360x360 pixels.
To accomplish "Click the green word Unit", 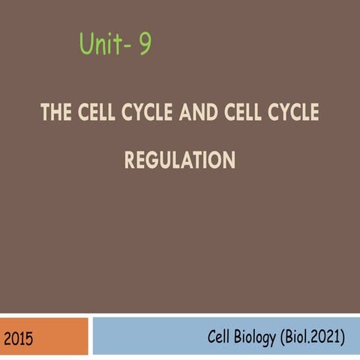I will (x=101, y=46).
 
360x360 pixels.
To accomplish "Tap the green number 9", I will (x=143, y=46).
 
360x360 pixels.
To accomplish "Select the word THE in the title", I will (x=55, y=114).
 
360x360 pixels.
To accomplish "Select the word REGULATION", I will (x=179, y=160).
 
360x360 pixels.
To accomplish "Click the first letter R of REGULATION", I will (x=129, y=160).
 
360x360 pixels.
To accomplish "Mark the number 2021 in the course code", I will (x=325, y=338).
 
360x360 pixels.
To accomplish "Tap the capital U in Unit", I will (x=85, y=46).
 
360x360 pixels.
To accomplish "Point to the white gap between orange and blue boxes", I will (x=90, y=335).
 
